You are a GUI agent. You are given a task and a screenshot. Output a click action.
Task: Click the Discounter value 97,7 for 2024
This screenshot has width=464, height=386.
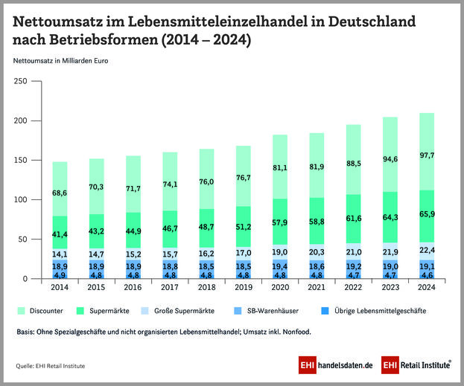[x=427, y=155]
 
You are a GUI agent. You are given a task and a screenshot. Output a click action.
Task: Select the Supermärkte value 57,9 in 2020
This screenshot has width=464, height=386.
[x=280, y=222]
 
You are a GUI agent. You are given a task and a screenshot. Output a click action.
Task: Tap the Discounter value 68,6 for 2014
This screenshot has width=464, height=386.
[x=60, y=193]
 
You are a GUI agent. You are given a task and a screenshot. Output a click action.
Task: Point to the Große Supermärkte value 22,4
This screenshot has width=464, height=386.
[x=427, y=250]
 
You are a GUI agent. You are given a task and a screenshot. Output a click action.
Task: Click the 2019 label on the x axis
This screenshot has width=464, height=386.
[x=244, y=286]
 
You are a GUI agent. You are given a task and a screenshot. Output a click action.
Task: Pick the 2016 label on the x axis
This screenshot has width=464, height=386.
[x=133, y=286]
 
